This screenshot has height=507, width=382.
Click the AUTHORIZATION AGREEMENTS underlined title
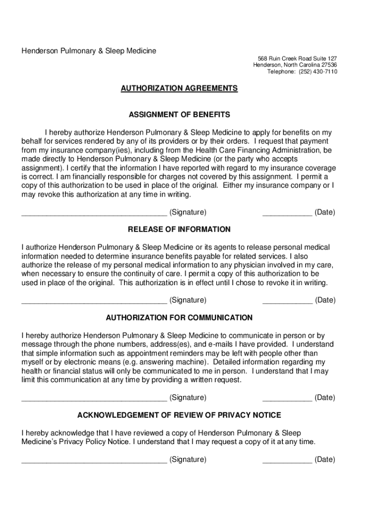tap(179, 88)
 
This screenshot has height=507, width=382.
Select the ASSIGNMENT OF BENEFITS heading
tap(179, 115)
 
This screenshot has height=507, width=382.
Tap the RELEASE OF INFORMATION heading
tap(179, 229)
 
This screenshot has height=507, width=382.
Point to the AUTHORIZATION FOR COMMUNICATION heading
tap(179, 317)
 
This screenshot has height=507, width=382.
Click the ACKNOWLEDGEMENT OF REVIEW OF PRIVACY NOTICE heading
tap(179, 415)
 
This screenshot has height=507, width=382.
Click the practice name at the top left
tap(88, 51)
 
